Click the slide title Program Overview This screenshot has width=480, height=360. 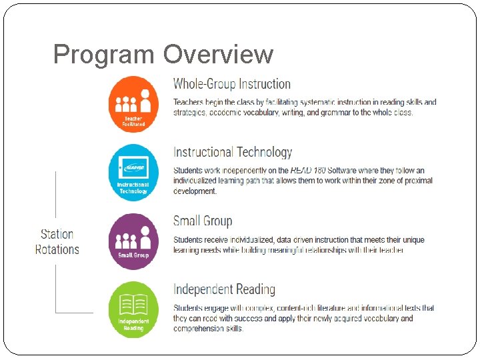163,55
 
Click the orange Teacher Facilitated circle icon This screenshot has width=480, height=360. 133,104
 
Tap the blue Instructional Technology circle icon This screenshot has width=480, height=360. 133,172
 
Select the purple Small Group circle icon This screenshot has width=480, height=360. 133,241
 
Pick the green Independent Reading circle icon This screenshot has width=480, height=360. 133,309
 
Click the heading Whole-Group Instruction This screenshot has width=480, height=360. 232,84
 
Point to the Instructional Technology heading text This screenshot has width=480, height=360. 233,153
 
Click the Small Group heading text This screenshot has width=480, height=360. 203,221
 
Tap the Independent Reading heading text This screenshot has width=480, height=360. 224,289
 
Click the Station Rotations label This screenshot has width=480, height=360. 57,241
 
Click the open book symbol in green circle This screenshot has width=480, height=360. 133,304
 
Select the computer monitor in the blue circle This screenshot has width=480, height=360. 134,167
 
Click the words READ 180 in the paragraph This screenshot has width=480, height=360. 308,171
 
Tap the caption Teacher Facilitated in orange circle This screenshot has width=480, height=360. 133,121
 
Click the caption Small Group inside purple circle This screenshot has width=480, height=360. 133,255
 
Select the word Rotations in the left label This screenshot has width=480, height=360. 57,249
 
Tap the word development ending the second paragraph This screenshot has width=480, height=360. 195,191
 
